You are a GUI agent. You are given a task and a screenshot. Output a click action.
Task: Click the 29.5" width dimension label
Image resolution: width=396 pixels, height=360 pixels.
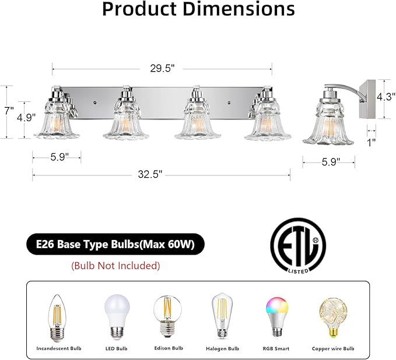[162, 68]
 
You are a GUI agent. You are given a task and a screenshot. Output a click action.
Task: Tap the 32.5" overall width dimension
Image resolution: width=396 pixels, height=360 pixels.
[150, 174]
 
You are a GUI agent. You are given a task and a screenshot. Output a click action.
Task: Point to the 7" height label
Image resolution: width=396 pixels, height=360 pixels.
[9, 111]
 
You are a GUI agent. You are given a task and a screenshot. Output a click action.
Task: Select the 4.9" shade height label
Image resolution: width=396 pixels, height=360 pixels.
[26, 117]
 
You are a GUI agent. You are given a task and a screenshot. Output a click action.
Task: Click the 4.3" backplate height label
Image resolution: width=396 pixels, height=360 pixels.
[386, 96]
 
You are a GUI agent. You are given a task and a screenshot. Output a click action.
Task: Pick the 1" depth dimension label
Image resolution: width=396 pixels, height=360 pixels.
[372, 143]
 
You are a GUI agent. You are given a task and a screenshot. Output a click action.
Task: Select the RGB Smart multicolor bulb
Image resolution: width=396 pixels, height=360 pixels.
[276, 317]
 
